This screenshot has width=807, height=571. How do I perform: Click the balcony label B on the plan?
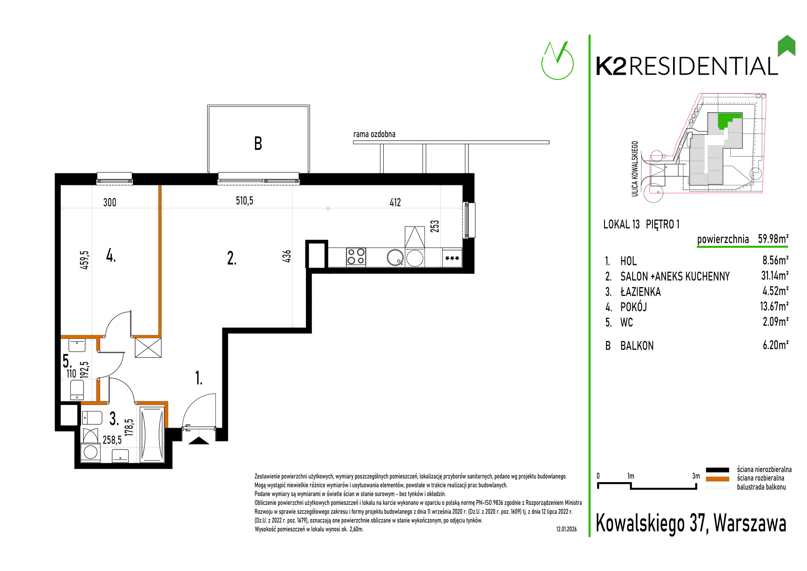point(258,143)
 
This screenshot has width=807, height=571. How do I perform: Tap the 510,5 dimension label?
point(245,201)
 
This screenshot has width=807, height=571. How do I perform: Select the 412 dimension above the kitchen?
point(395,202)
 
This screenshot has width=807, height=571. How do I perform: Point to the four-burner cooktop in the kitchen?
point(356,257)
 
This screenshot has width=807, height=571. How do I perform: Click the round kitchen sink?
point(395,257)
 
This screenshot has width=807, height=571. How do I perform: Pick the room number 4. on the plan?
point(111,255)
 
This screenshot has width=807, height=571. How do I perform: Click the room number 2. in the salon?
point(232,258)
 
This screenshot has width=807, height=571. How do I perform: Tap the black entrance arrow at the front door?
point(199,441)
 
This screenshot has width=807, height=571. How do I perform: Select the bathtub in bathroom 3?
point(152,434)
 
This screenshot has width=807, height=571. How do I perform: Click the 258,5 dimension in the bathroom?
point(112,440)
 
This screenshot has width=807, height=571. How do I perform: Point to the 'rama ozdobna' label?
point(374,134)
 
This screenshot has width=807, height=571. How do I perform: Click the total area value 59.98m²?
point(773,239)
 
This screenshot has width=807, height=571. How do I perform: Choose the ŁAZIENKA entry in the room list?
point(640,292)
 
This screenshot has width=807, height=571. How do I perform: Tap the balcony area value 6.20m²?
point(775,345)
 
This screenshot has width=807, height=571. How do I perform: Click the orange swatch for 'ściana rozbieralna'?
point(717,479)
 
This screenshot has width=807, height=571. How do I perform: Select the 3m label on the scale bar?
point(696,476)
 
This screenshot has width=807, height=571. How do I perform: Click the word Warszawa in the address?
point(750,523)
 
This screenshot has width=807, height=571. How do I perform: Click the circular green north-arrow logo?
point(557,61)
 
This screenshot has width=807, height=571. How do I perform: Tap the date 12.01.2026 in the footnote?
point(567,529)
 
